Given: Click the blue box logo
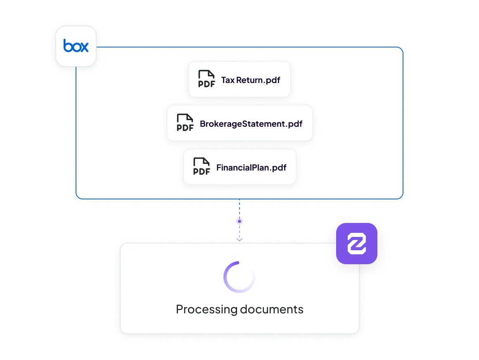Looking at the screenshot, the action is click(x=76, y=46).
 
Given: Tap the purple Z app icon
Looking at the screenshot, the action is click(x=356, y=243).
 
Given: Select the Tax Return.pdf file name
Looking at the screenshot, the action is click(x=251, y=80).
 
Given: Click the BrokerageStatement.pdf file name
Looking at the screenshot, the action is click(x=251, y=124).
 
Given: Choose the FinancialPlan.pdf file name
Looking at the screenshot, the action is click(x=251, y=167).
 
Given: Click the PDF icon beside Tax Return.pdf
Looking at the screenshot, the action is click(x=206, y=79).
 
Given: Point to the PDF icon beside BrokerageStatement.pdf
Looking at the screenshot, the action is click(x=185, y=123).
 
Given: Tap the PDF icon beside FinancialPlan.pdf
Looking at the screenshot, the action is click(x=202, y=166).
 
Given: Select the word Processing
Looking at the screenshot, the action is click(x=206, y=310).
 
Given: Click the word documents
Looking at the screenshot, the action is click(x=272, y=309).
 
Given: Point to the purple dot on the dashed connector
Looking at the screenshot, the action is click(x=239, y=221).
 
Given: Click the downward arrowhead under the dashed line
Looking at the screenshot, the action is click(x=239, y=240).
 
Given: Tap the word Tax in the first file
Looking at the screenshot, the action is click(x=228, y=80).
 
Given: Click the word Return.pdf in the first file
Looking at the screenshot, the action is click(x=258, y=81).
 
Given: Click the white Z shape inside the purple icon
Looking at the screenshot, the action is click(x=356, y=243).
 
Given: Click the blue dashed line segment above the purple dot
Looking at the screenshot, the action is click(x=239, y=209).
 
